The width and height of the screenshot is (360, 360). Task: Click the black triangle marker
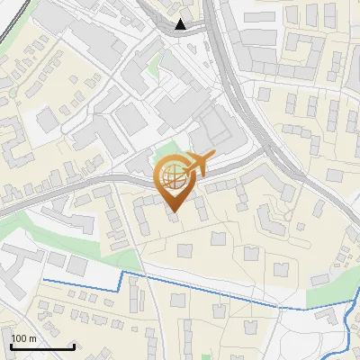click(182, 24)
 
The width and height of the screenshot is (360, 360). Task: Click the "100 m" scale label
click(23, 338)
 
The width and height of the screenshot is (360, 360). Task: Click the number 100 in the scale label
click(19, 338)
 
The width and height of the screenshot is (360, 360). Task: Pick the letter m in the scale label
click(32, 338)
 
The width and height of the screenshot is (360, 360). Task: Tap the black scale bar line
click(42, 347)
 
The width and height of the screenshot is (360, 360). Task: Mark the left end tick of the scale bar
click(12, 346)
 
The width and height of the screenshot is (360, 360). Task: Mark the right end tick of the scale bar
click(74, 346)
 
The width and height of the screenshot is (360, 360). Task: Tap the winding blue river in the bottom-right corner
click(349, 324)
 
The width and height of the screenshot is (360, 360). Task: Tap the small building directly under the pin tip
click(173, 220)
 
